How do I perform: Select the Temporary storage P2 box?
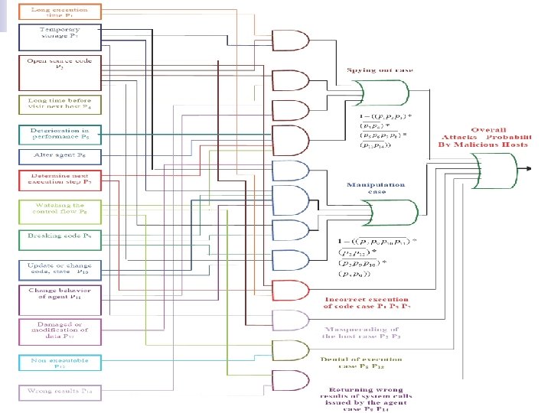pos(58,34)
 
